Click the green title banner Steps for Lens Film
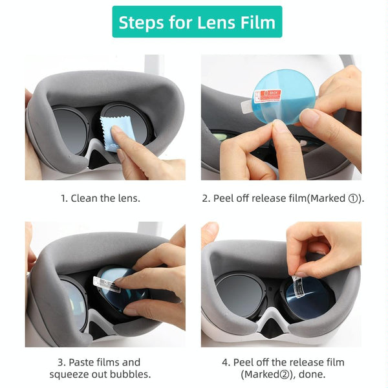click(197, 23)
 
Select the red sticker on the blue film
click(267, 96)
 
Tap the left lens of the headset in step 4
click(240, 295)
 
